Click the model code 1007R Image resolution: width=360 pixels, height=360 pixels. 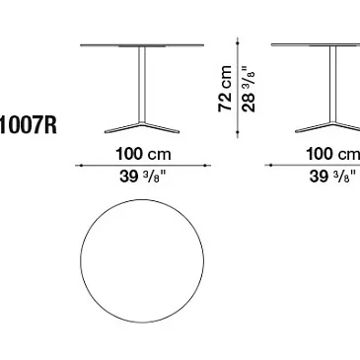point(28,125)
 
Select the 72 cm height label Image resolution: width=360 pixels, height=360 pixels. point(225,89)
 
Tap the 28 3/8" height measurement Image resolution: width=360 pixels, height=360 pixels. point(249,89)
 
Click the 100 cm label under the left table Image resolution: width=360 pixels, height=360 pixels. point(143,154)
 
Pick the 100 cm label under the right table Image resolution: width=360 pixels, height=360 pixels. point(332,154)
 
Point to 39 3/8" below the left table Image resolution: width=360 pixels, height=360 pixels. point(143,177)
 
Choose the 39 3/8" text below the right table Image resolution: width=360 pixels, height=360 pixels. point(332,177)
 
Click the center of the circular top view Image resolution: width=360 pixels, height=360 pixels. point(142,261)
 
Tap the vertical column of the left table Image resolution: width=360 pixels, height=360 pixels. point(142,85)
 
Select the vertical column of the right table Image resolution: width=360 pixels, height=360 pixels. point(332,85)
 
